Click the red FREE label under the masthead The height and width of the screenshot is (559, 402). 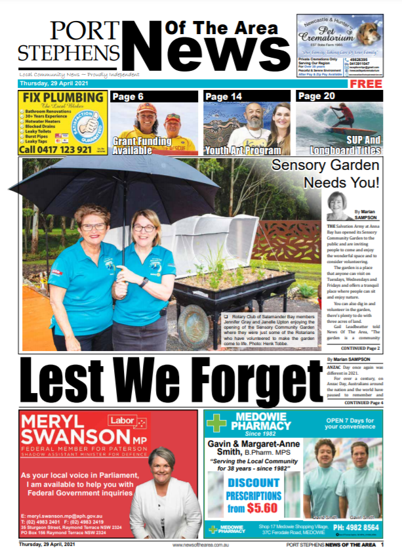coord(384,85)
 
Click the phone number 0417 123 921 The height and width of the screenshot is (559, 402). coord(58,149)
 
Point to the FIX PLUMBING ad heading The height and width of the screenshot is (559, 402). coord(64,98)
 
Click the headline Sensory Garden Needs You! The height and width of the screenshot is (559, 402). coord(325,173)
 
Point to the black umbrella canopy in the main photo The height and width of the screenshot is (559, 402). coord(115,184)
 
